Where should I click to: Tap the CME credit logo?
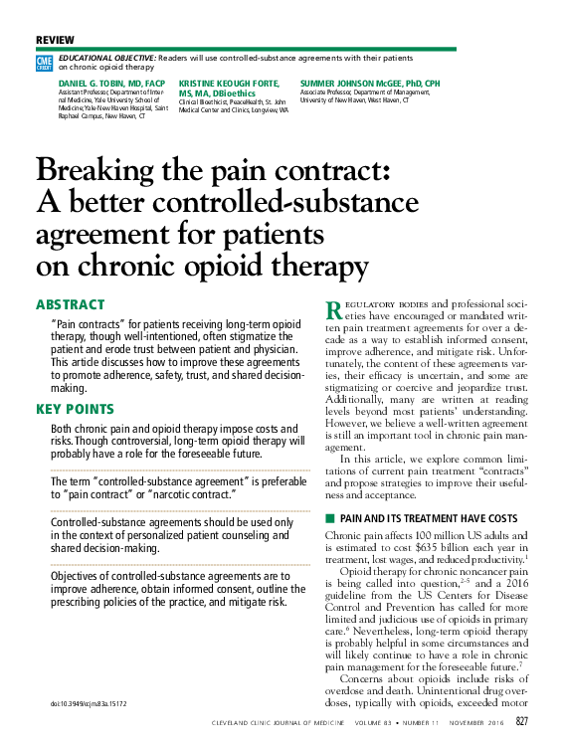44,63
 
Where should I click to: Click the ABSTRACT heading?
71,304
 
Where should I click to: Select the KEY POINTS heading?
75,409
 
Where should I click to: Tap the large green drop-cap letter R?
334,309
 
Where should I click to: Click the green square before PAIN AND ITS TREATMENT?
330,519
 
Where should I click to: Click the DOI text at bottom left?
89,704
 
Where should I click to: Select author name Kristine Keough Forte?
229,83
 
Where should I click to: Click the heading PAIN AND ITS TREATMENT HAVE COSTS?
429,519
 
